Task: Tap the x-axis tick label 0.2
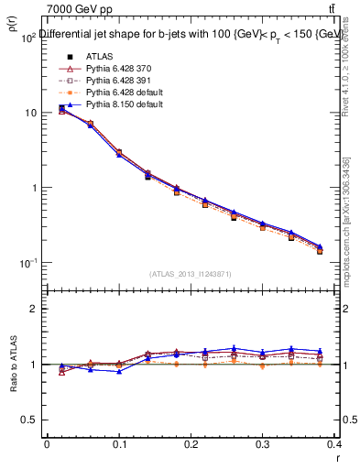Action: pyautogui.click(x=191, y=443)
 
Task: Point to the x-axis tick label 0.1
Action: pyautogui.click(x=118, y=443)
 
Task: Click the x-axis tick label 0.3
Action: pyautogui.click(x=263, y=443)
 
